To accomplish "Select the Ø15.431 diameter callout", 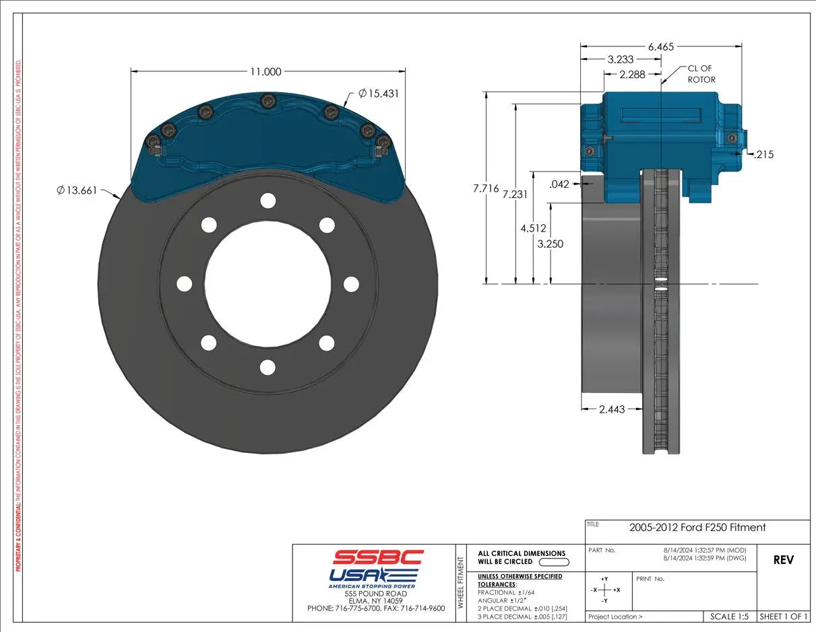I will [x=378, y=94].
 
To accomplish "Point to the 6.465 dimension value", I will [x=660, y=46].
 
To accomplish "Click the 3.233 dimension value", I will [x=620, y=59].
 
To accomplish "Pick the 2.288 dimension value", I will [x=632, y=73].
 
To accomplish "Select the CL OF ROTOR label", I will [x=701, y=74].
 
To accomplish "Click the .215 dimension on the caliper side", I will [x=763, y=154].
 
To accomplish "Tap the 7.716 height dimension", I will [x=486, y=188].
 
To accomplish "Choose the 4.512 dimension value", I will [x=533, y=228].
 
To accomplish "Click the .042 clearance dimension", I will [x=559, y=184].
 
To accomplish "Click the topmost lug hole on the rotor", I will [x=268, y=201].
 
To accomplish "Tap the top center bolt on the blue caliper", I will [x=268, y=102].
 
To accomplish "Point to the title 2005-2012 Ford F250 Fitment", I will [x=697, y=528].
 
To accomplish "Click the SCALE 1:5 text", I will [x=729, y=616].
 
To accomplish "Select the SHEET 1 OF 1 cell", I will [x=783, y=616].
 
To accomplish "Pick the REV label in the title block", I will [x=783, y=560].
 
